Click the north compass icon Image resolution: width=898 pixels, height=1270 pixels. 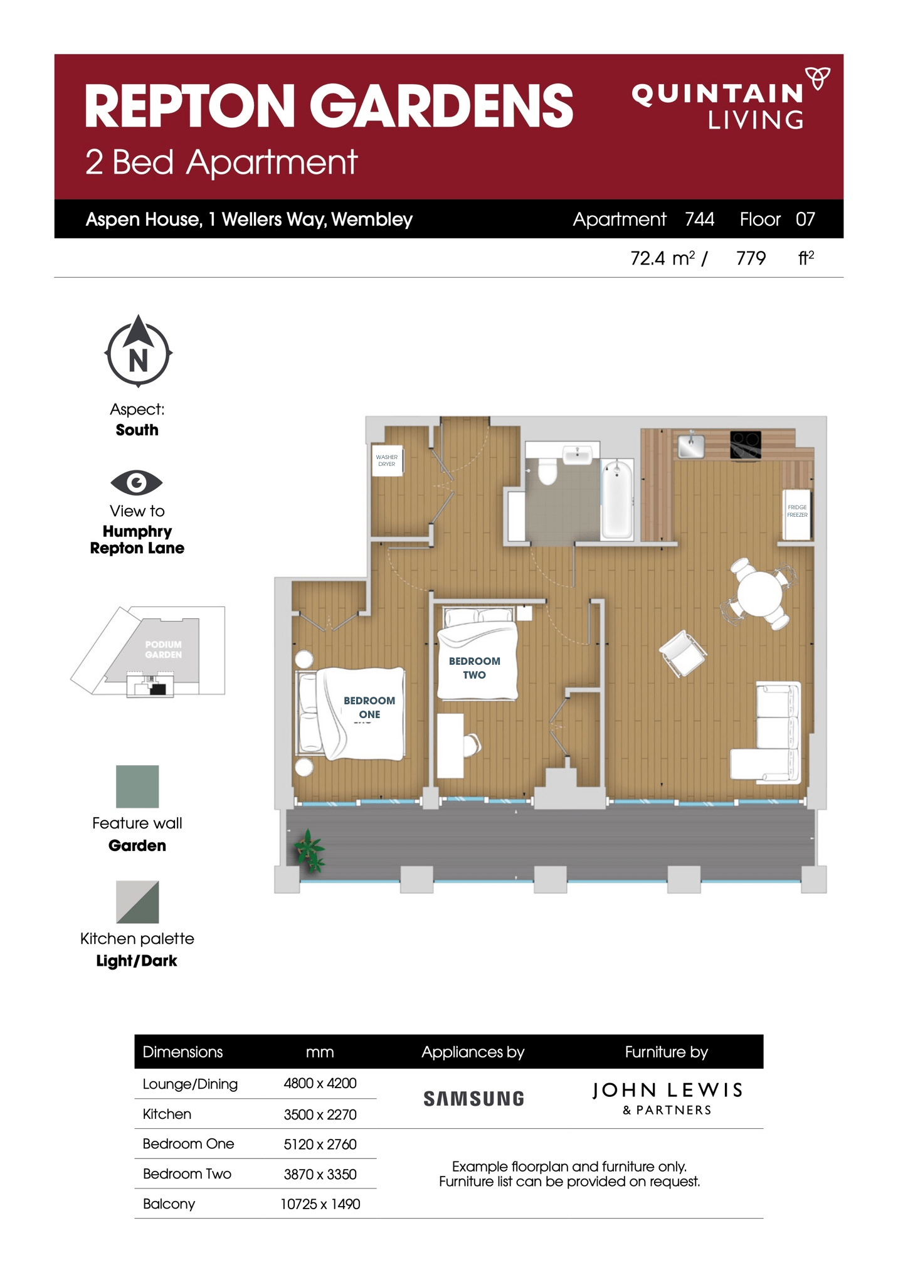138,352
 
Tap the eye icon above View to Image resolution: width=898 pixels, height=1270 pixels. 137,482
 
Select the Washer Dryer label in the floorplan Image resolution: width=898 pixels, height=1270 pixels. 386,460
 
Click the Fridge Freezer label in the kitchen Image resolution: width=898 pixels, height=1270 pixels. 797,511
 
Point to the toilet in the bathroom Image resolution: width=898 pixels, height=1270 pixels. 547,472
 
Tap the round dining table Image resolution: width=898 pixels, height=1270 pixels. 759,593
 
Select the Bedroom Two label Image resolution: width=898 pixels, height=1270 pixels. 474,668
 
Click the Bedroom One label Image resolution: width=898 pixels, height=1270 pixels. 369,707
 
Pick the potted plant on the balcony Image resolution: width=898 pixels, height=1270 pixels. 309,851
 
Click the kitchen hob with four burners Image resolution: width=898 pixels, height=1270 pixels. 746,445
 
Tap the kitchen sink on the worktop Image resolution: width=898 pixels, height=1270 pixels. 690,446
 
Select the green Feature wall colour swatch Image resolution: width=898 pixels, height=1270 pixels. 137,786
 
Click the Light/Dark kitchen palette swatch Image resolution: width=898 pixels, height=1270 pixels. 137,902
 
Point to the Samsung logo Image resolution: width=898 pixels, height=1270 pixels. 473,1099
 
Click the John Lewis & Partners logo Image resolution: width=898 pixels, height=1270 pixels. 667,1098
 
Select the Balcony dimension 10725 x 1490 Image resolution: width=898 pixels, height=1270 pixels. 320,1204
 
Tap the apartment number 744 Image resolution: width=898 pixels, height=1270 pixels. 699,219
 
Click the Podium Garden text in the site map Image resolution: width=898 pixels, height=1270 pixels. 163,650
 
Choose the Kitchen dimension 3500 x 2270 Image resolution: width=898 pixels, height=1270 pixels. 320,1114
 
